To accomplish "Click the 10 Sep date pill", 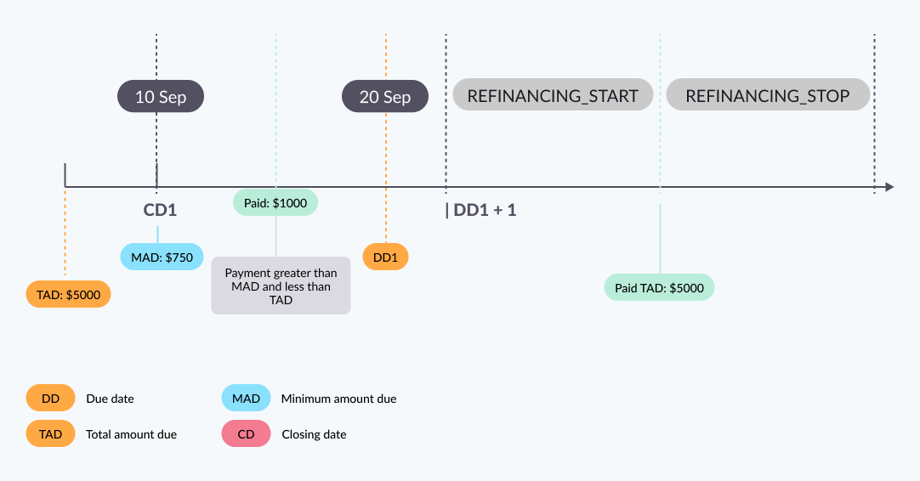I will coord(161,97).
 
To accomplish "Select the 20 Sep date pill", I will coord(385,97).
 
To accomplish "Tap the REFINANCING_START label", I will coord(553,95).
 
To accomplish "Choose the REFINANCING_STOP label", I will coord(768,95).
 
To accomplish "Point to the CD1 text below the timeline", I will coord(160,210).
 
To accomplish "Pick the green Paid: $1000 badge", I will coord(275,202).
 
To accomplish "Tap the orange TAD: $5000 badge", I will coord(68,294).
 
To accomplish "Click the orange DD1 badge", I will coord(385,257).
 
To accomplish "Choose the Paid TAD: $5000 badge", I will coord(659,287).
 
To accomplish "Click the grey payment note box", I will coord(281,286).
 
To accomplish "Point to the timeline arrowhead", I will coord(889,187).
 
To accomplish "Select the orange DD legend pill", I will coord(50,398).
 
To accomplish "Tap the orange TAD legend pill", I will coord(50,434).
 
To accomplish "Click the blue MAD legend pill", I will coord(246,398).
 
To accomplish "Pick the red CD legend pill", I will coord(246,434).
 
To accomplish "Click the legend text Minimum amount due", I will coord(338,399).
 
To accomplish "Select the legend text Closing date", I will coord(314,434).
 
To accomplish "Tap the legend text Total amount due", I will coord(131,434).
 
